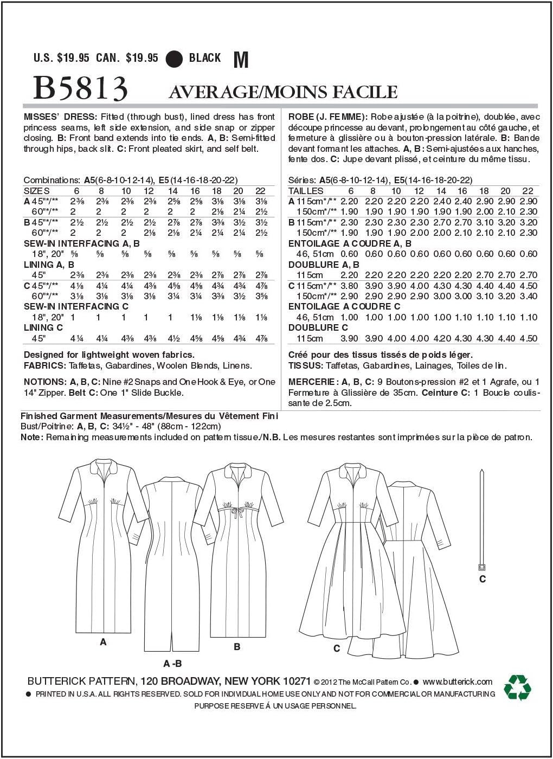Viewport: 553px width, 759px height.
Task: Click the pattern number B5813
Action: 80,88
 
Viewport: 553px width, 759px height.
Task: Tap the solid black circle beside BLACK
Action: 175,58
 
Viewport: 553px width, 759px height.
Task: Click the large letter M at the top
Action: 241,60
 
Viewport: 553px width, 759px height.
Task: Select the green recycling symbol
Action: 517,687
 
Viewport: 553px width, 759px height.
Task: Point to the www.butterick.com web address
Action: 457,681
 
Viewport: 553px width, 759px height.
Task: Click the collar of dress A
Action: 104,466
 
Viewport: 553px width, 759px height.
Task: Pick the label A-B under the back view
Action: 172,664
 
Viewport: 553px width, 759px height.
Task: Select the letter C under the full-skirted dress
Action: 337,648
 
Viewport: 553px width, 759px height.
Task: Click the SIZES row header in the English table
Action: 37,191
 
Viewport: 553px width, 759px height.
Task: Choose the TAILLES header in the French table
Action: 306,191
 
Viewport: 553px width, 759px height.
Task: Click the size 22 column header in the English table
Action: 260,191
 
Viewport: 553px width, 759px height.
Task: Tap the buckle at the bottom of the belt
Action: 481,567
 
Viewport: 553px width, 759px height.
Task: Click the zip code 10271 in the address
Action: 296,681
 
